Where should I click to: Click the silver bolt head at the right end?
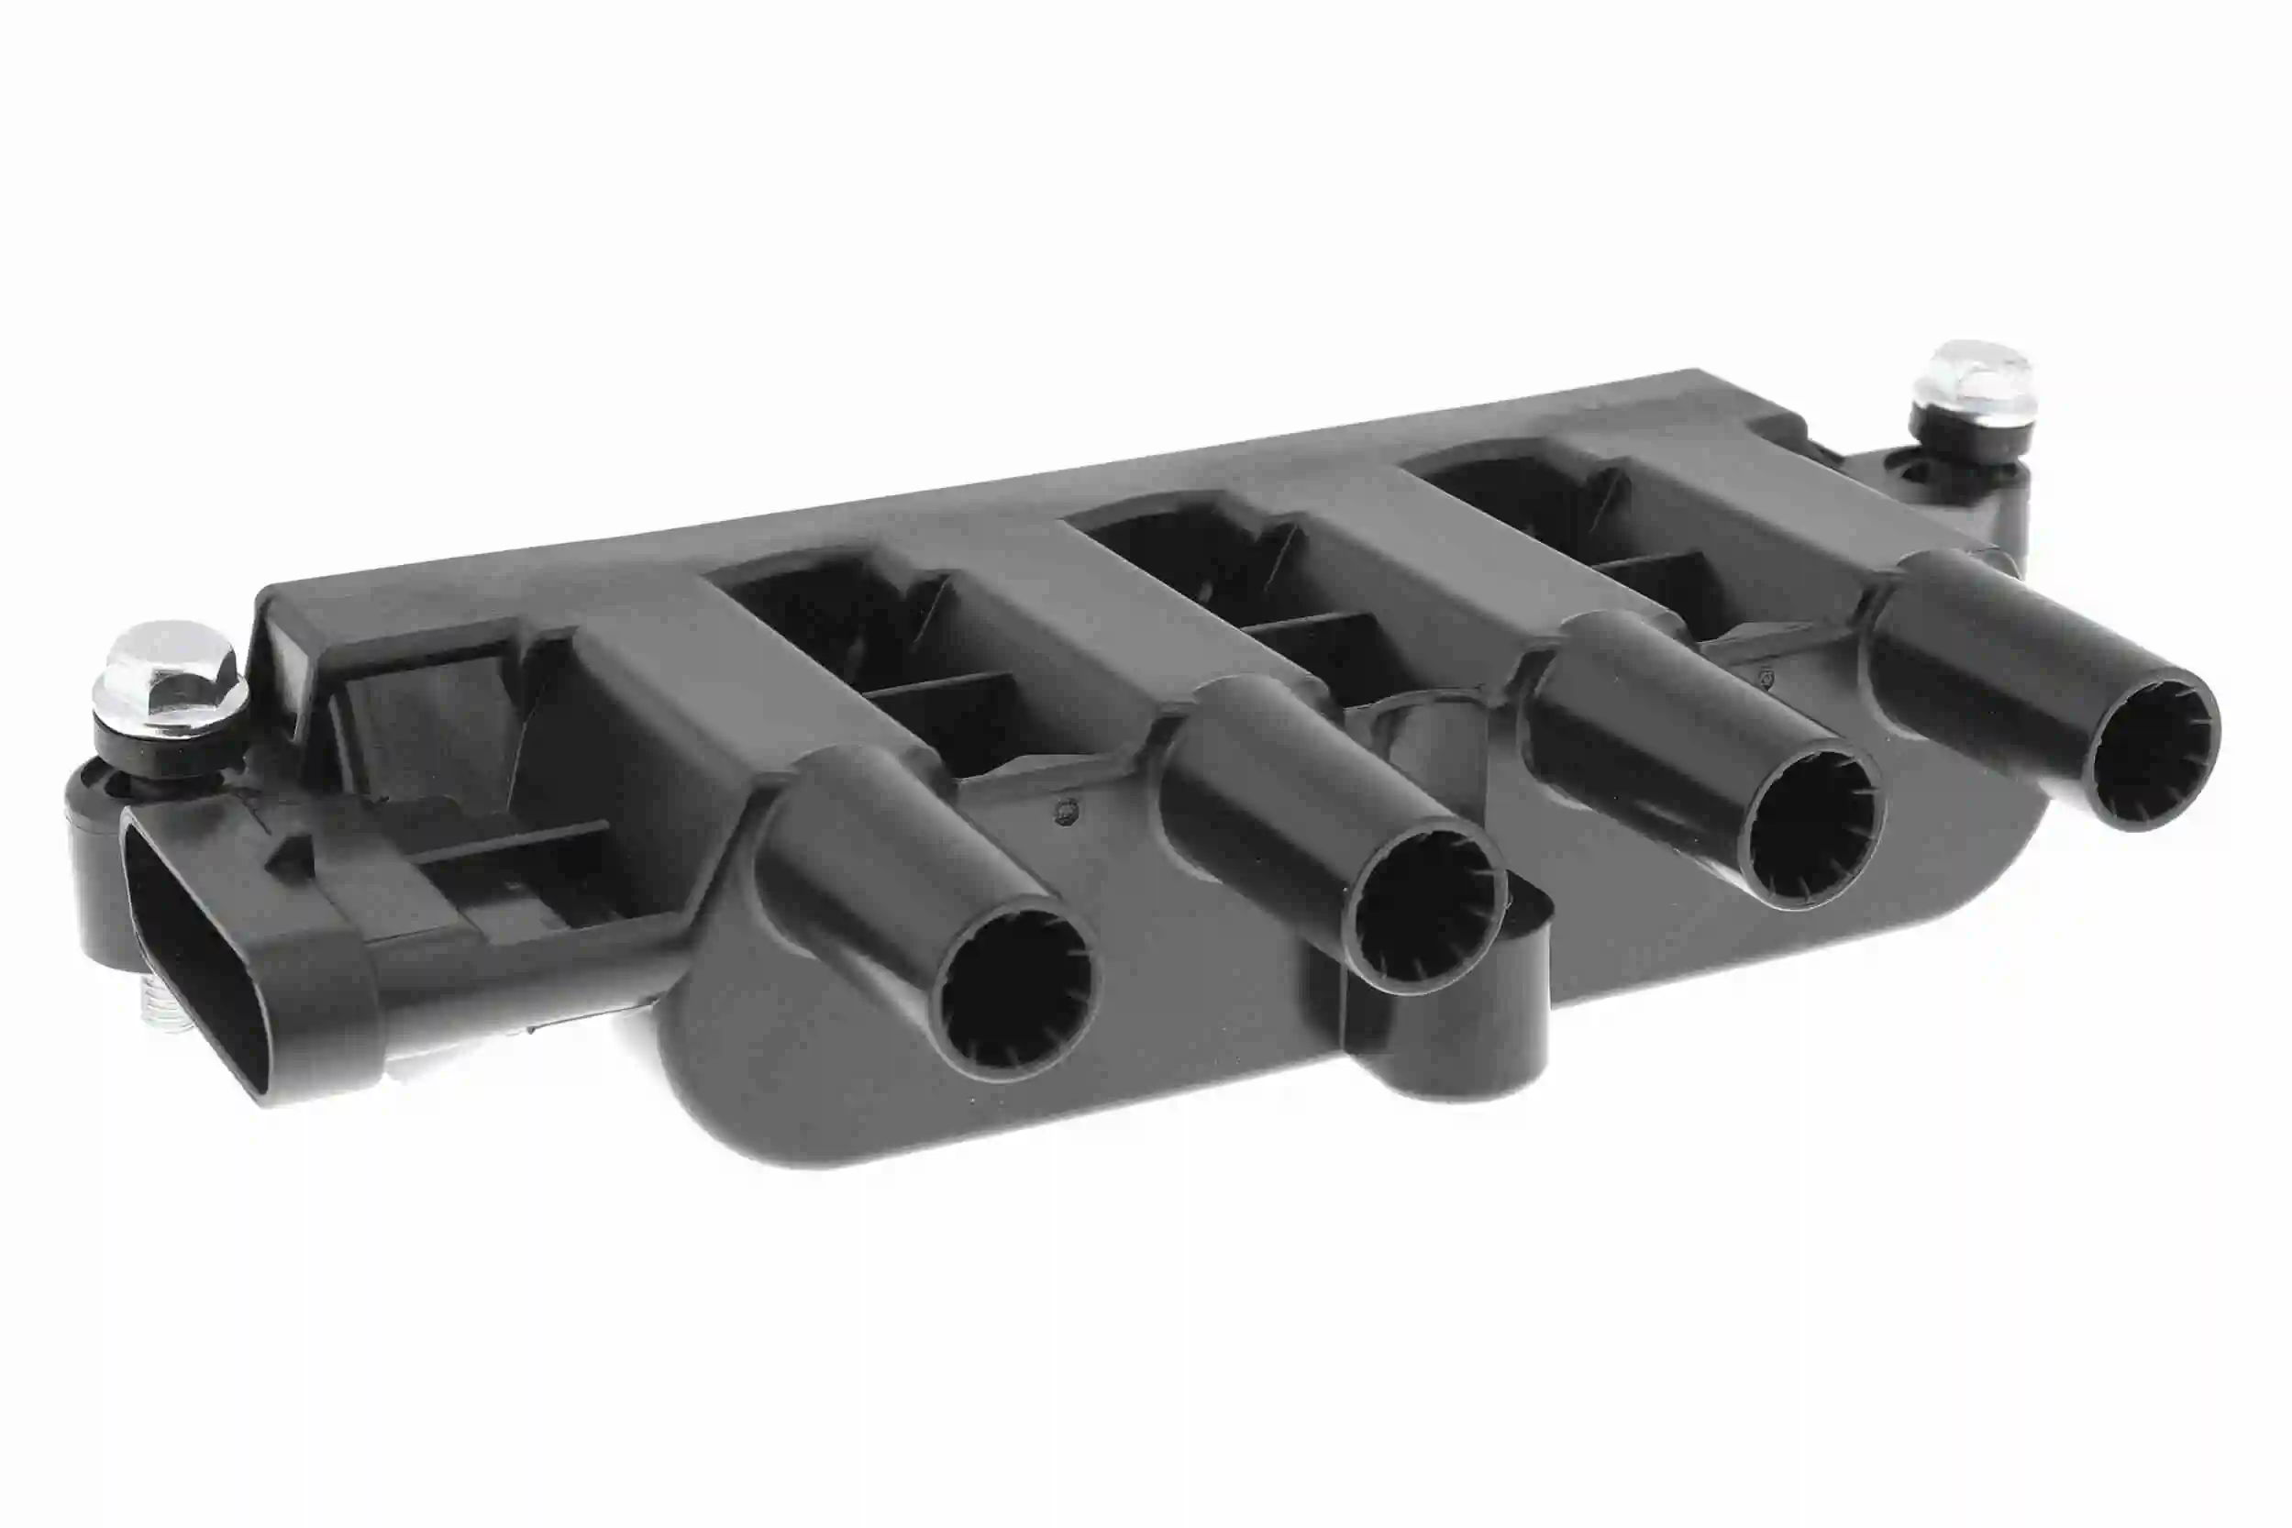(1971, 378)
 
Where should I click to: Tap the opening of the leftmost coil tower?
(1014, 993)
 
